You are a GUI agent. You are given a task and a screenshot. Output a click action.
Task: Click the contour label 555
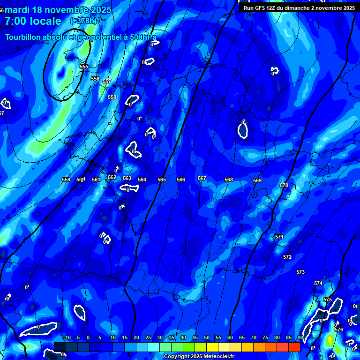84,67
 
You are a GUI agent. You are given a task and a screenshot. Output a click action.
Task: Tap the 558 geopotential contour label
112,97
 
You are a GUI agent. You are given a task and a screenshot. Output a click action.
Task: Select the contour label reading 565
162,180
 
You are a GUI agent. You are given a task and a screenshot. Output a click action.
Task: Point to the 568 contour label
229,180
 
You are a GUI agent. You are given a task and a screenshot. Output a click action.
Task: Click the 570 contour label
284,185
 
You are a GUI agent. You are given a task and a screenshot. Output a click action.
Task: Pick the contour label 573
300,272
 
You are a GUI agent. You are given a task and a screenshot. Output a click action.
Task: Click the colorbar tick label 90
300,337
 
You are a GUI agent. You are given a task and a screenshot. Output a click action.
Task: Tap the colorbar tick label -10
67,337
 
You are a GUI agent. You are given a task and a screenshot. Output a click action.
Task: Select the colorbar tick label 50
207,337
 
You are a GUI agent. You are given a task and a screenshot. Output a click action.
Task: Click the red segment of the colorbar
294,347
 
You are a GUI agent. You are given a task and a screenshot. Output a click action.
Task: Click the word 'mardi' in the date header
17,10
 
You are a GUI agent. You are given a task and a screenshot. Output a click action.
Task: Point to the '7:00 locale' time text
33,21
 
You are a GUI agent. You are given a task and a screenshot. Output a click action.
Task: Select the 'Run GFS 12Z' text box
299,8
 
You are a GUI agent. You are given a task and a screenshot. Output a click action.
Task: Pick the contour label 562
112,177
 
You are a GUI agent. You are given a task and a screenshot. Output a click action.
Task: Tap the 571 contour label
279,237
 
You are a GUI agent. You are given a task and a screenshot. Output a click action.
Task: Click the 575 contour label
328,300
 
